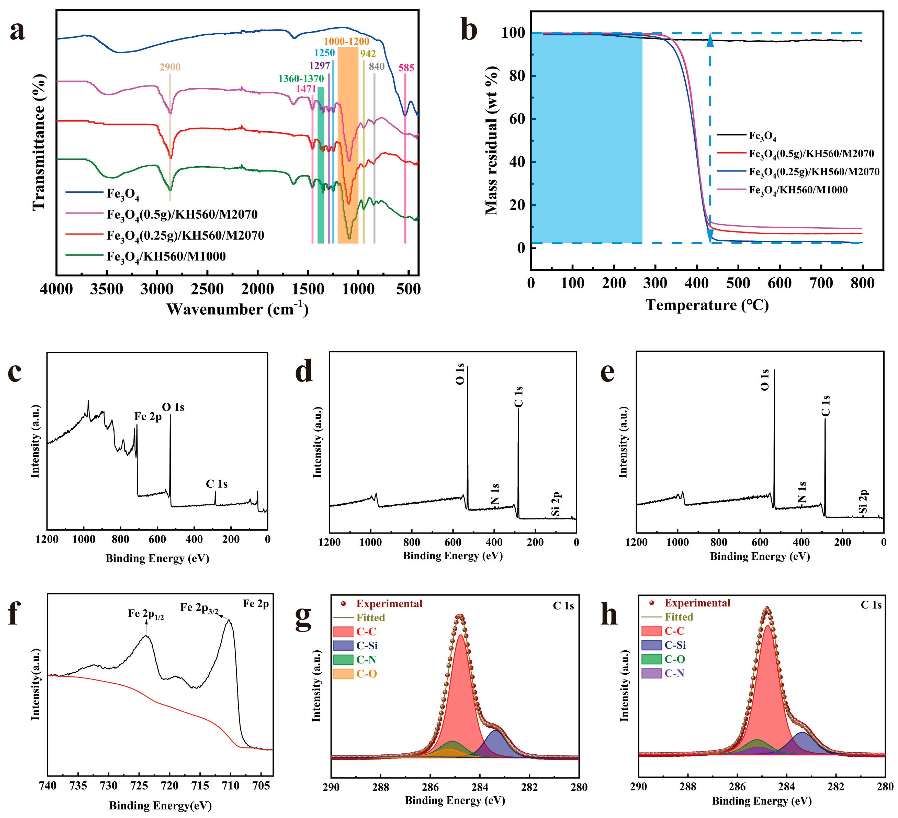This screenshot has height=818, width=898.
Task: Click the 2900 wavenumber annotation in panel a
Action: click(x=170, y=67)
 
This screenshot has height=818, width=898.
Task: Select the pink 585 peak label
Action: click(x=406, y=68)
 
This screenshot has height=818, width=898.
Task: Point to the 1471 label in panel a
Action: click(x=306, y=89)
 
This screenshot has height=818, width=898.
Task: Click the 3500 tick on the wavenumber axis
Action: click(x=106, y=289)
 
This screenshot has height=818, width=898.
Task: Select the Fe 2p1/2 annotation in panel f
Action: click(x=146, y=614)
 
